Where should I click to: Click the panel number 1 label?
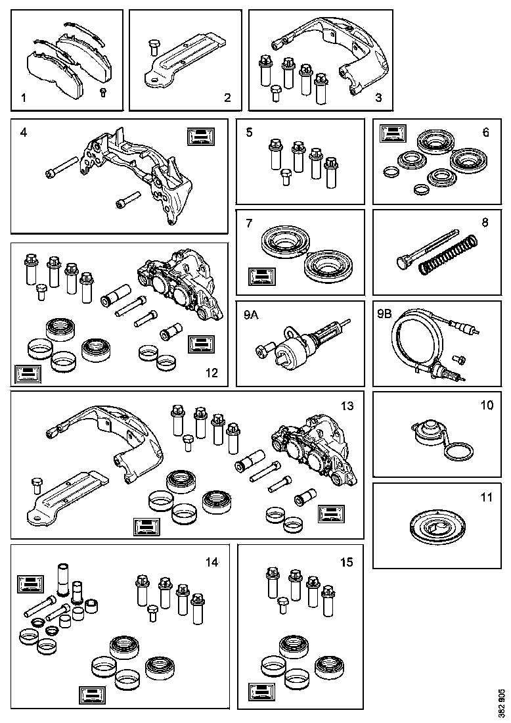[23, 99]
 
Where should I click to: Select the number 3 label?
[378, 99]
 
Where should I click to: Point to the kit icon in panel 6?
[392, 134]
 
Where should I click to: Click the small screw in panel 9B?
[460, 359]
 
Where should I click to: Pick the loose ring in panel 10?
[456, 452]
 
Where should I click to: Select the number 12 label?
[211, 373]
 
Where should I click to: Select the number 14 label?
[211, 562]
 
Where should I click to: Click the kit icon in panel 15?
[261, 692]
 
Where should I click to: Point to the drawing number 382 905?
[502, 703]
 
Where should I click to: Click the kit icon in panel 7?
[260, 276]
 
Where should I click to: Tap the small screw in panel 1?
[103, 91]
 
